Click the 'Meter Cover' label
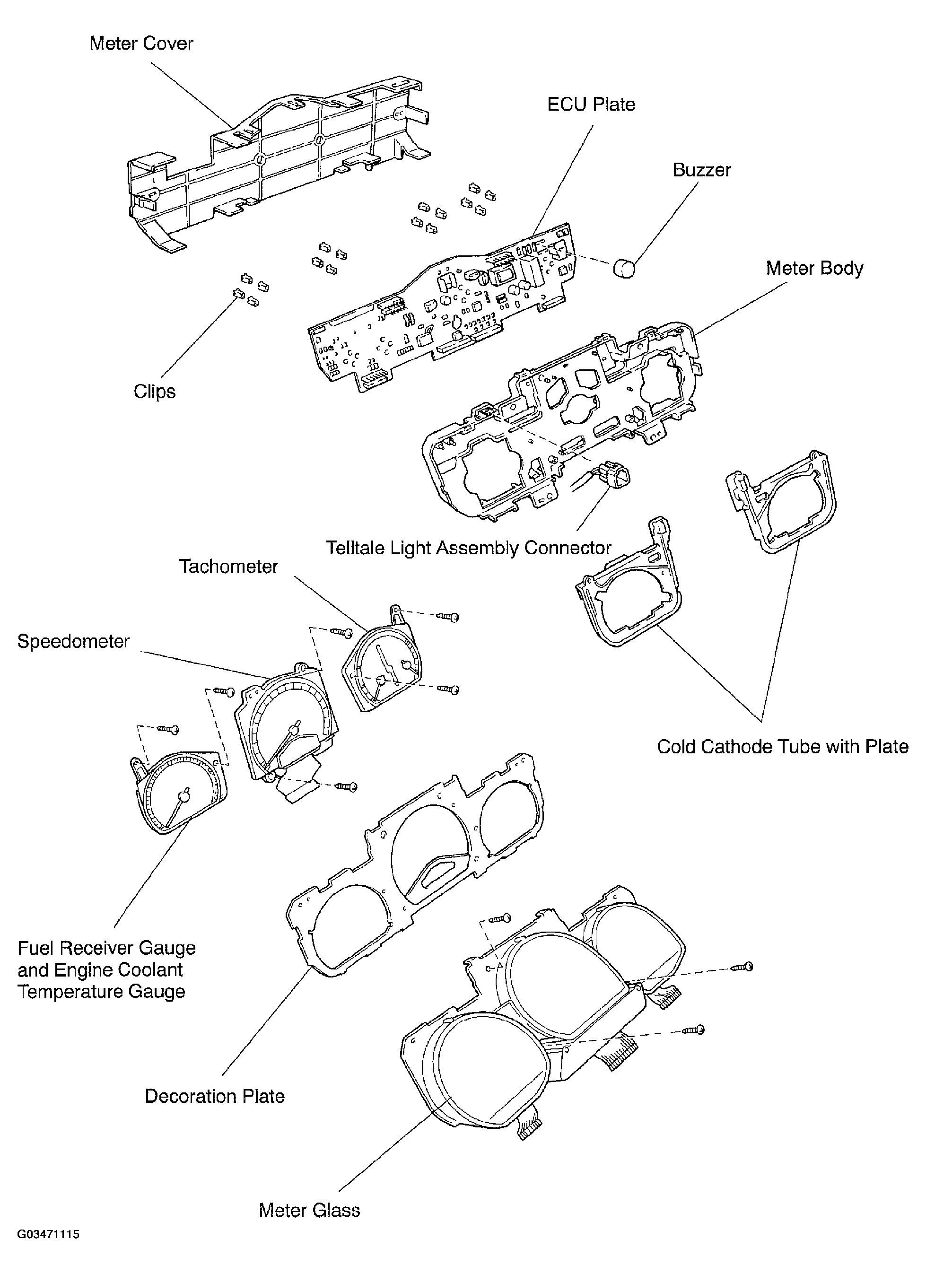pyautogui.click(x=141, y=43)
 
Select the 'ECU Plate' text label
pyautogui.click(x=591, y=105)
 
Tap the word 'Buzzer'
pyautogui.click(x=701, y=170)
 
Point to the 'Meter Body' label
pyautogui.click(x=814, y=269)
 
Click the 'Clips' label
pyautogui.click(x=155, y=392)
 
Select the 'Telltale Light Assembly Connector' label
pyautogui.click(x=469, y=548)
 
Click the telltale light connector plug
pyautogui.click(x=613, y=476)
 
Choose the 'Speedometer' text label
pyautogui.click(x=74, y=642)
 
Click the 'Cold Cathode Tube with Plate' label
pyautogui.click(x=782, y=747)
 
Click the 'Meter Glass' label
pyautogui.click(x=309, y=1210)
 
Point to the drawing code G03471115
pyautogui.click(x=48, y=1250)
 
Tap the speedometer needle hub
pyautogui.click(x=292, y=730)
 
